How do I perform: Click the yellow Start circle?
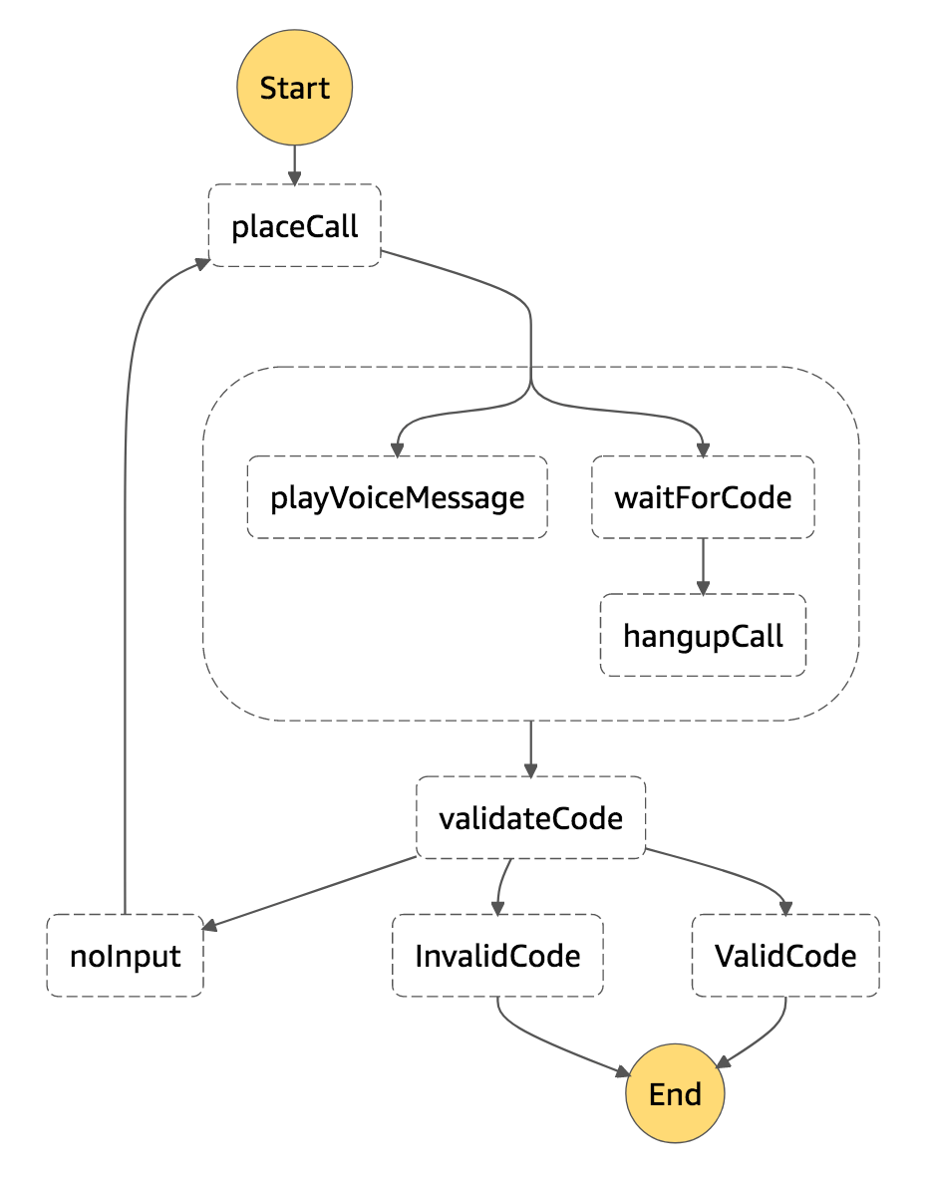tap(294, 88)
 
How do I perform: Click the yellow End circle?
tap(675, 1093)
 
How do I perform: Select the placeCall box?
tap(294, 226)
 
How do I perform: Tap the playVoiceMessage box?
tap(397, 497)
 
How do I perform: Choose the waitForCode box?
tap(703, 497)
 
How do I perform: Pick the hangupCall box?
tap(703, 635)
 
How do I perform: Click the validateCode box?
tap(530, 818)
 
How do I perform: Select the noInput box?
tap(125, 956)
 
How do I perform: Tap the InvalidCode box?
tap(497, 956)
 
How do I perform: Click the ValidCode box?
tap(785, 956)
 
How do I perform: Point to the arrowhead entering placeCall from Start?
tap(294, 176)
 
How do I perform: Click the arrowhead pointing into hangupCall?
tap(703, 587)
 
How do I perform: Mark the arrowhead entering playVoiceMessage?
tap(397, 449)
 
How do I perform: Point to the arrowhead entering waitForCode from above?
tap(703, 449)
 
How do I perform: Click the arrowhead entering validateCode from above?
tap(530, 769)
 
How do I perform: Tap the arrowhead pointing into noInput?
tap(210, 926)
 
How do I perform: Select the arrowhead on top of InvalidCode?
tap(497, 907)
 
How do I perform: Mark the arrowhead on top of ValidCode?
tap(785, 907)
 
